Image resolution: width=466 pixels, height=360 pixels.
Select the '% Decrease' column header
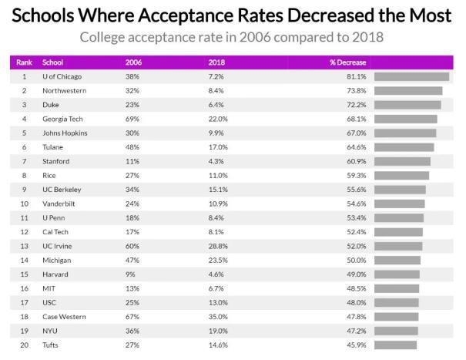(x=347, y=62)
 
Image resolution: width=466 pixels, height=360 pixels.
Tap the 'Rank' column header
(x=24, y=62)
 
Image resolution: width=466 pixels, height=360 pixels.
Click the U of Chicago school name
(x=62, y=76)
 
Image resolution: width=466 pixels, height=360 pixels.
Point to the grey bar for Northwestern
(x=408, y=91)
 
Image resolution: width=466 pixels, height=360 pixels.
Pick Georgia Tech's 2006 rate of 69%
(x=132, y=119)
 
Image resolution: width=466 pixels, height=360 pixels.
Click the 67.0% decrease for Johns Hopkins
(x=357, y=133)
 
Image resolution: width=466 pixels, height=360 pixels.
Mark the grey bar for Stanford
(x=402, y=161)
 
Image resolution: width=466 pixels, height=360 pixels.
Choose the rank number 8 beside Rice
(x=24, y=175)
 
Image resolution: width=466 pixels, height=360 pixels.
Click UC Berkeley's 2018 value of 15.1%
(x=219, y=189)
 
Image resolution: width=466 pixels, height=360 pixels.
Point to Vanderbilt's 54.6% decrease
(x=357, y=204)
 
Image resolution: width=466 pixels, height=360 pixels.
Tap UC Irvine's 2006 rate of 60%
(x=132, y=245)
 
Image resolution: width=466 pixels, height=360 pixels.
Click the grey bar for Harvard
(x=397, y=274)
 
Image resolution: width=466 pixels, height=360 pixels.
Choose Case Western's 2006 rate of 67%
(x=132, y=316)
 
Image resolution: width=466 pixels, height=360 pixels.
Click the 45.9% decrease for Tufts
(x=357, y=345)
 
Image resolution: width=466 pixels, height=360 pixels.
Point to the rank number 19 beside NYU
(x=24, y=330)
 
